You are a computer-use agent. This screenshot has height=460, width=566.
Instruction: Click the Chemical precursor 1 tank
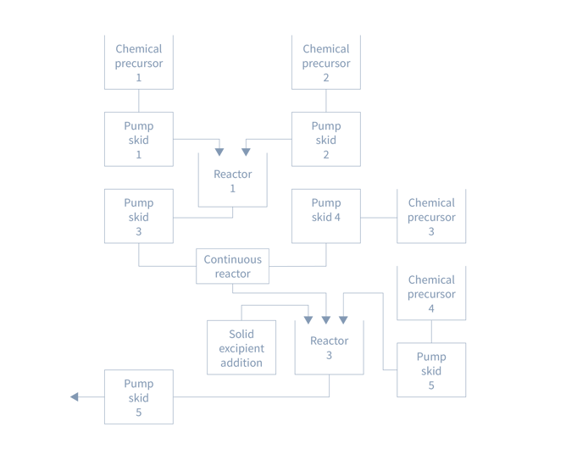click(x=139, y=61)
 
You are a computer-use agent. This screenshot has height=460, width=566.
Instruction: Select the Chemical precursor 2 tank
click(x=326, y=61)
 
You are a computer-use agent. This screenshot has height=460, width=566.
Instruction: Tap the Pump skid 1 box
click(x=139, y=139)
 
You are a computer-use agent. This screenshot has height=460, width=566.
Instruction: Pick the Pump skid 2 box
click(x=326, y=139)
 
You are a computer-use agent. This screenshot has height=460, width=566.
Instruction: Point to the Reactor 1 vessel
click(x=232, y=180)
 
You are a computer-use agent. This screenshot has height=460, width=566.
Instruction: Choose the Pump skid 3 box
click(x=139, y=216)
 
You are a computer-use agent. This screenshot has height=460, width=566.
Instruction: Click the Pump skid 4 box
click(x=326, y=216)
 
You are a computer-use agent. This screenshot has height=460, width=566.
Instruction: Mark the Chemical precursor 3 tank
click(x=431, y=216)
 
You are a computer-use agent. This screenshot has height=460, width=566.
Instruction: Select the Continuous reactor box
click(x=233, y=266)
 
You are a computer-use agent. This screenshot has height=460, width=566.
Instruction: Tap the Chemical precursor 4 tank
click(x=431, y=292)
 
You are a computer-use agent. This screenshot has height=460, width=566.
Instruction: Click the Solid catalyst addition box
click(x=241, y=347)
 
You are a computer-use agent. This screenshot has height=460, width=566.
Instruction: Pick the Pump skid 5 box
click(x=431, y=370)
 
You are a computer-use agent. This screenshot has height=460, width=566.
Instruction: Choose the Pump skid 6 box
click(x=139, y=396)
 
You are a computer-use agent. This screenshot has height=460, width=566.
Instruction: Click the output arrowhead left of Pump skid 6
click(x=74, y=396)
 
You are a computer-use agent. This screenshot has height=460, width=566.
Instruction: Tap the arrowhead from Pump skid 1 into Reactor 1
click(x=219, y=153)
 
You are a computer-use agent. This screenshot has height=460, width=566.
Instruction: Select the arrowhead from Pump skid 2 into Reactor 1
click(x=246, y=153)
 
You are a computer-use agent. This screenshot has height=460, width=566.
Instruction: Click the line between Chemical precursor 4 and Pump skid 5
click(x=431, y=331)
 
